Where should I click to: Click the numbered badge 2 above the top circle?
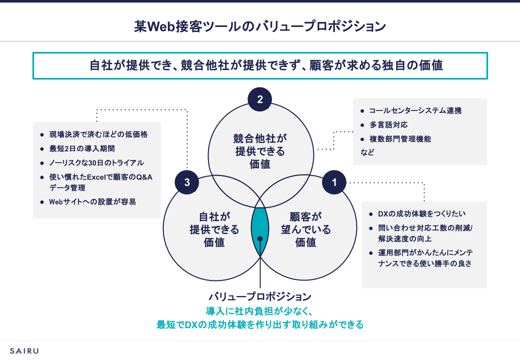pos(260,99)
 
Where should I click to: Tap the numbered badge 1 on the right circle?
pos(334,182)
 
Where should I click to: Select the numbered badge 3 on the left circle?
pos(187,182)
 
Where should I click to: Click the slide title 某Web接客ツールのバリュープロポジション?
pos(260,26)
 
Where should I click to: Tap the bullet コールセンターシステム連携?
pos(415,111)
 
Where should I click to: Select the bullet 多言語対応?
pos(388,125)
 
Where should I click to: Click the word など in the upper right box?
pos(367,152)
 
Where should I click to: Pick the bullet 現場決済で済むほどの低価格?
pos(98,135)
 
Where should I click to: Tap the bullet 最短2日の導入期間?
pos(82,149)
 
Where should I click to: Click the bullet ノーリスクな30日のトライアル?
pos(96,162)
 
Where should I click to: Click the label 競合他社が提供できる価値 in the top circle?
pos(260,150)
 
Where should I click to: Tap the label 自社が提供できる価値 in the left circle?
pos(214,229)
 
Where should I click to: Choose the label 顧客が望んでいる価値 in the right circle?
pos(305,229)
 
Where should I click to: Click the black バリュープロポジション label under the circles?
pos(260,296)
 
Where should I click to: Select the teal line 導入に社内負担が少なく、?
pos(260,310)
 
